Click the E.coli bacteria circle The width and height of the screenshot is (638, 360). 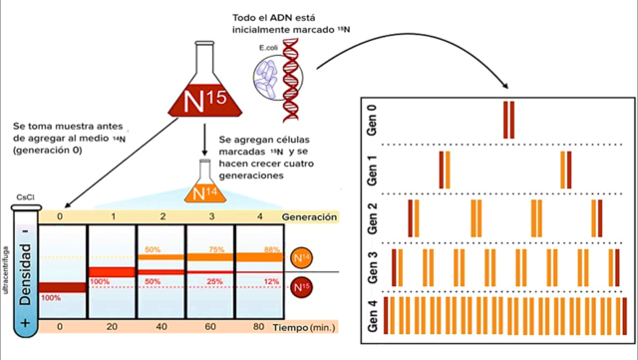(267, 78)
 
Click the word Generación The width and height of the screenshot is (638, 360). (309, 216)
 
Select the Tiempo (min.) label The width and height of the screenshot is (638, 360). (304, 326)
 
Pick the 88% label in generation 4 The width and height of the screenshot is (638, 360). (271, 249)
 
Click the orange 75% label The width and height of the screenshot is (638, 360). (212, 249)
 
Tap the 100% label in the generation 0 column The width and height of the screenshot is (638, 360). (51, 297)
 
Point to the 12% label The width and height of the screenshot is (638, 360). (271, 281)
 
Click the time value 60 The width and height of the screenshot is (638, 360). (210, 326)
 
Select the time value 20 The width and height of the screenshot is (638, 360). (112, 326)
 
